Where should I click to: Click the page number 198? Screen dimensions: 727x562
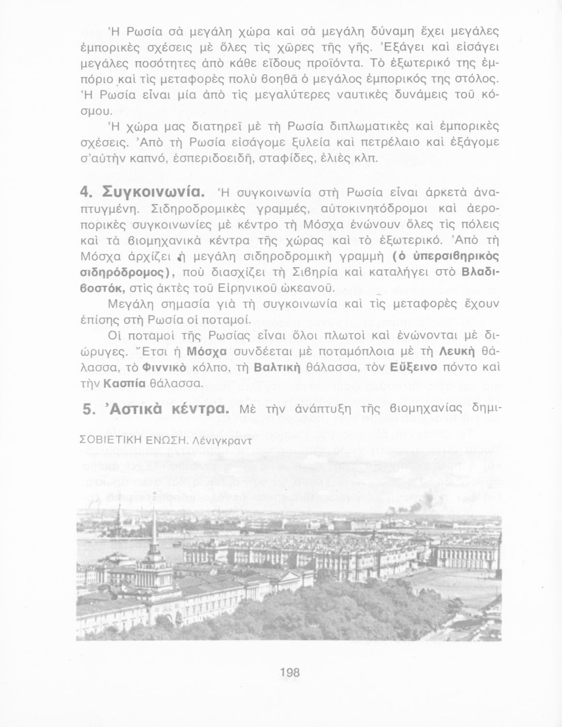(290, 673)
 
